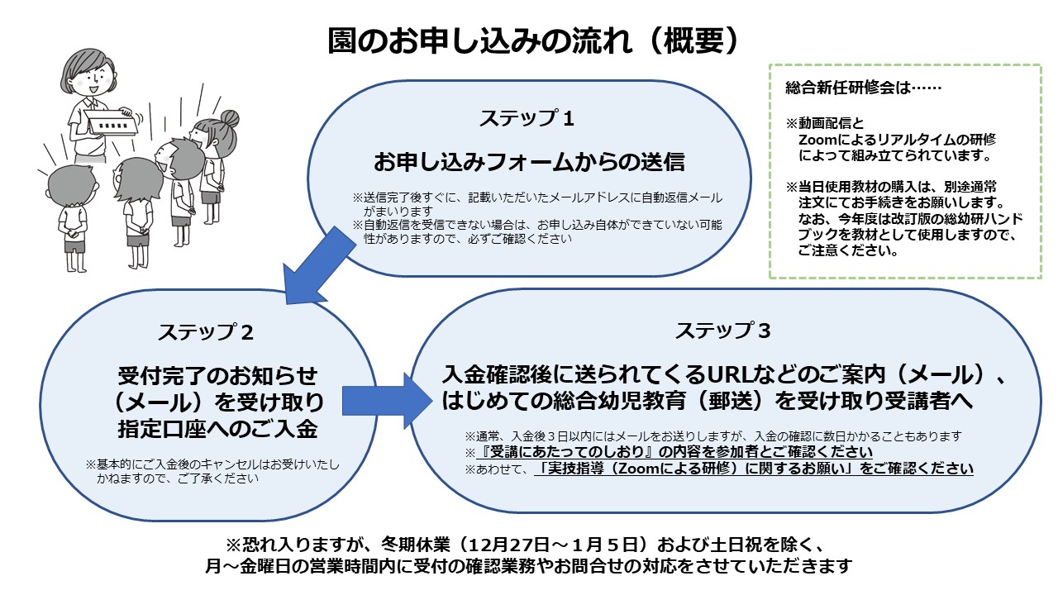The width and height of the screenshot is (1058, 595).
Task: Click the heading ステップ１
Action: [527, 118]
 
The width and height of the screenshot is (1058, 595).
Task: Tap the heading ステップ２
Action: [206, 332]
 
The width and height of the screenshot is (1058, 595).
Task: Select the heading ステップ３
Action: [722, 331]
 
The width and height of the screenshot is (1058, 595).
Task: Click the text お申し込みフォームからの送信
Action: [529, 161]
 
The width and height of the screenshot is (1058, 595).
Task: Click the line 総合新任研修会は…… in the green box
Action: [862, 87]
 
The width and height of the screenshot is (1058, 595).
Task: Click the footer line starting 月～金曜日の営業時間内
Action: [529, 567]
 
